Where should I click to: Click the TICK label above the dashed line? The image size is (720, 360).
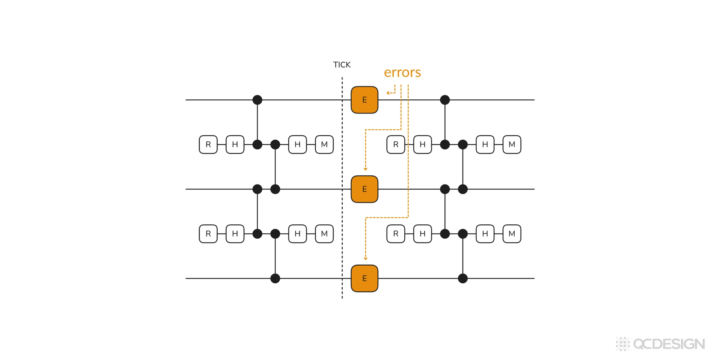[342, 65]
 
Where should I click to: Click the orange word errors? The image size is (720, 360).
[402, 73]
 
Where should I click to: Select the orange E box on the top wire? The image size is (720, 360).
[364, 100]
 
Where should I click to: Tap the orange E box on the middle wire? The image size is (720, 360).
[364, 189]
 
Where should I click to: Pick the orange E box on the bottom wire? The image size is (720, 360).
[364, 278]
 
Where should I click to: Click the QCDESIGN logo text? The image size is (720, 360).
[669, 344]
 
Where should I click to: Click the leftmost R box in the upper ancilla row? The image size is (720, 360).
[208, 145]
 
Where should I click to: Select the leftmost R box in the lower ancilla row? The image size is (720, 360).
[208, 234]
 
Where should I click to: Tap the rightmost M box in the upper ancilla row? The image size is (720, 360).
[512, 145]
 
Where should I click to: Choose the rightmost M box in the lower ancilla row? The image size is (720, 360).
[512, 234]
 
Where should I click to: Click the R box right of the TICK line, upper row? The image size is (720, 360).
[396, 145]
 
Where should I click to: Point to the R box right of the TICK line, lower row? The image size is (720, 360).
[396, 234]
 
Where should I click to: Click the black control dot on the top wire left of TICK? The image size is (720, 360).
[257, 100]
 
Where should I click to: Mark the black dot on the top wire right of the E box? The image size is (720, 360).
[445, 100]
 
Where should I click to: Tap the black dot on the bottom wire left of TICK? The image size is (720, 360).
[275, 278]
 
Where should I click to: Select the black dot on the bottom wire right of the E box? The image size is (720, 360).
[463, 278]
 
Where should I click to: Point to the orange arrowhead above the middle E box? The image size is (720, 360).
[365, 169]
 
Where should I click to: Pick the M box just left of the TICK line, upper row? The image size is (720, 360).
[324, 145]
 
